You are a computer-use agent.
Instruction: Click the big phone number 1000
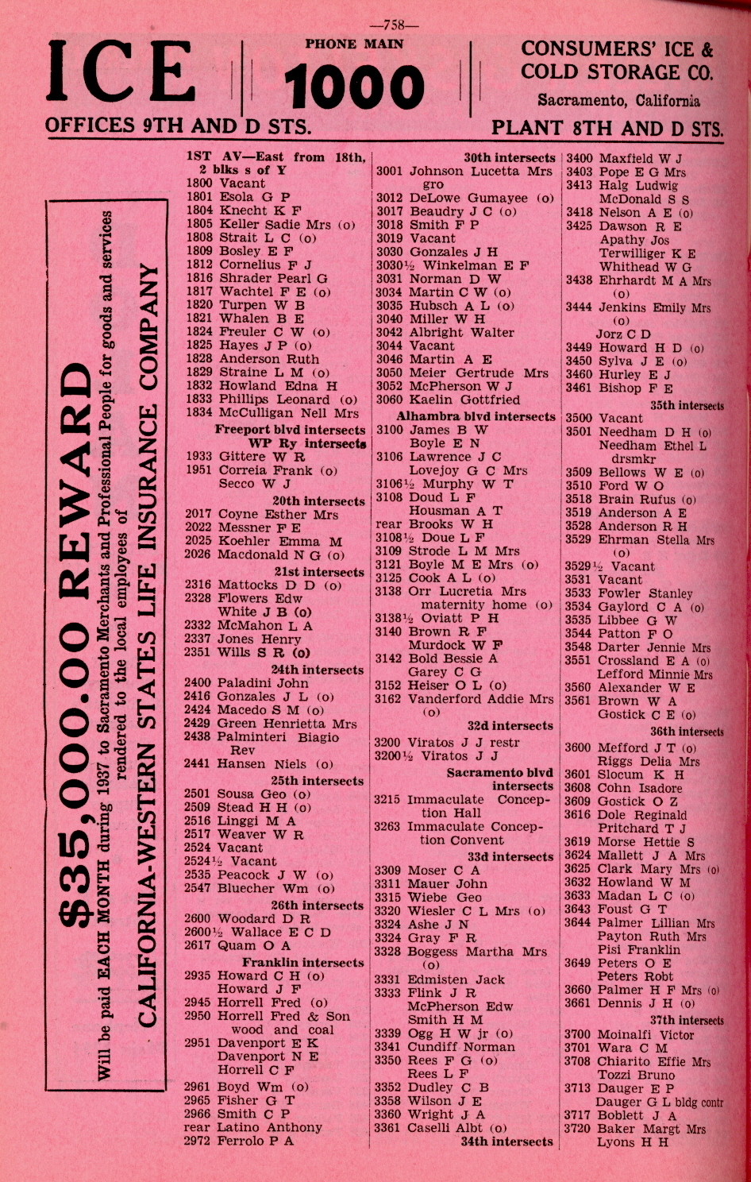(x=354, y=87)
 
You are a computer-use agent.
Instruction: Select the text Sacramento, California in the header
(x=618, y=101)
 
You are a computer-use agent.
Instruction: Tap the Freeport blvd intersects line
(x=290, y=430)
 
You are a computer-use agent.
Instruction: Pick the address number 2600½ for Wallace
(x=198, y=932)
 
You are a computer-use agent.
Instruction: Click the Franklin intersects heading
(x=302, y=962)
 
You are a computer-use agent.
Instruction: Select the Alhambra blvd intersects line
(x=476, y=416)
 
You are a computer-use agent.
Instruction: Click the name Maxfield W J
(x=640, y=158)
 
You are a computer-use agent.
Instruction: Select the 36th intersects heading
(x=687, y=732)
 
